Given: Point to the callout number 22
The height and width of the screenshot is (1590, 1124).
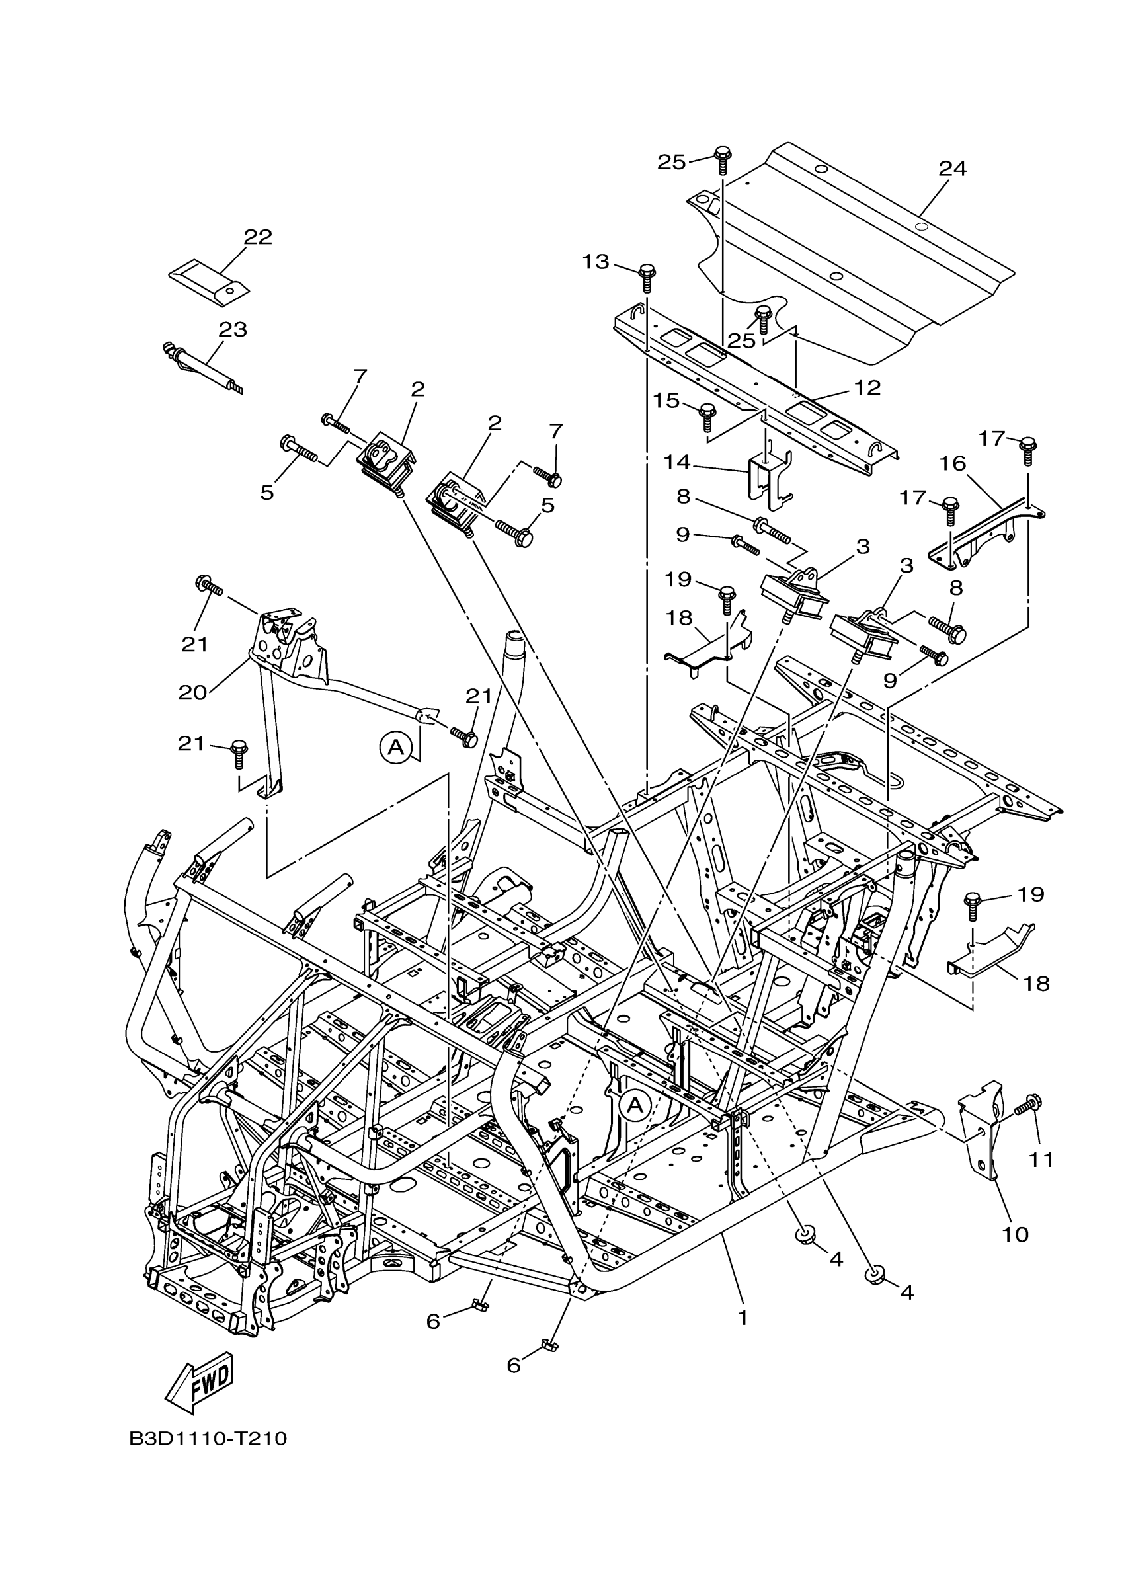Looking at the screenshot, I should pyautogui.click(x=258, y=237).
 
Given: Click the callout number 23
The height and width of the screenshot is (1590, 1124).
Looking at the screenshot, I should pyautogui.click(x=233, y=329).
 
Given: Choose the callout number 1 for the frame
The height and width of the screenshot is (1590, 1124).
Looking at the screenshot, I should pyautogui.click(x=743, y=1318).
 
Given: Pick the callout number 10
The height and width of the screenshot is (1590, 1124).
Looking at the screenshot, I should pyautogui.click(x=1016, y=1234).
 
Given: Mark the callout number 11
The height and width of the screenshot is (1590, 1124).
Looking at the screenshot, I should pyautogui.click(x=1040, y=1158).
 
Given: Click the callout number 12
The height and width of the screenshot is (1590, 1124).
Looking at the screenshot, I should pyautogui.click(x=867, y=388).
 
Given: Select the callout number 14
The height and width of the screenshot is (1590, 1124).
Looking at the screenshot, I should pyautogui.click(x=678, y=461).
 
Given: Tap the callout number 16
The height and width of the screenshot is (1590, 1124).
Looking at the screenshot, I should pyautogui.click(x=953, y=463).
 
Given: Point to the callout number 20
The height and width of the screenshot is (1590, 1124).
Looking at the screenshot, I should pyautogui.click(x=192, y=692).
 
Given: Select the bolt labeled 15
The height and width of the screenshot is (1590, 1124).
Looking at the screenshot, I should pyautogui.click(x=707, y=417).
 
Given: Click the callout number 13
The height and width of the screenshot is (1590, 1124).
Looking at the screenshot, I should pyautogui.click(x=595, y=262).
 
